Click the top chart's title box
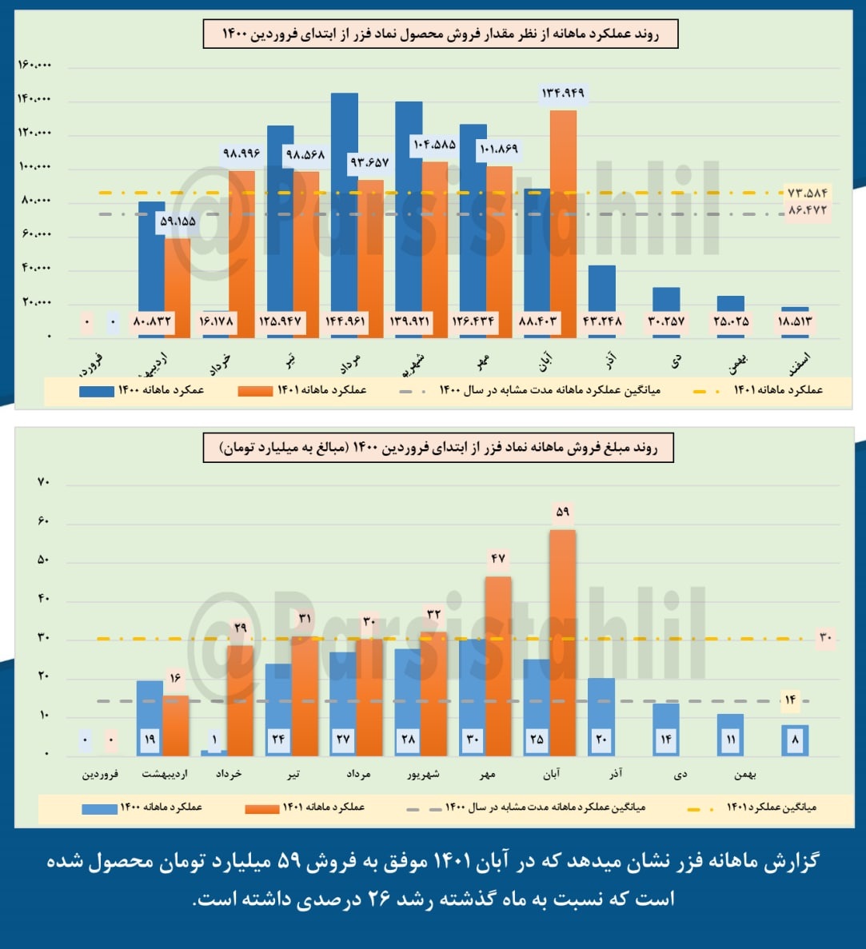(x=441, y=35)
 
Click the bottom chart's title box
(x=438, y=449)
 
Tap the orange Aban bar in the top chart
(x=563, y=216)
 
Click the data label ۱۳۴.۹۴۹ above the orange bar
(x=563, y=94)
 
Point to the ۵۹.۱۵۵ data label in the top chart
(x=178, y=221)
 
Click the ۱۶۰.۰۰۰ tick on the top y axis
(x=34, y=65)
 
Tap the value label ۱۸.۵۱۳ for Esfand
(x=795, y=322)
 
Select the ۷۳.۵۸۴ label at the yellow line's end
(x=807, y=193)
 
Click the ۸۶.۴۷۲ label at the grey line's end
(x=807, y=210)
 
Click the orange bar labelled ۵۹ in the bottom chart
(x=563, y=640)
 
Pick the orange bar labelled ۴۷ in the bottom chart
(x=498, y=664)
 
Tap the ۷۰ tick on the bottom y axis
(x=43, y=482)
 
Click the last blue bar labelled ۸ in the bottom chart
(x=795, y=740)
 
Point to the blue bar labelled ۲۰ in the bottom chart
(x=601, y=716)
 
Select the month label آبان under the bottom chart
(x=551, y=774)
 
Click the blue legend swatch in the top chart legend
(x=96, y=392)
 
